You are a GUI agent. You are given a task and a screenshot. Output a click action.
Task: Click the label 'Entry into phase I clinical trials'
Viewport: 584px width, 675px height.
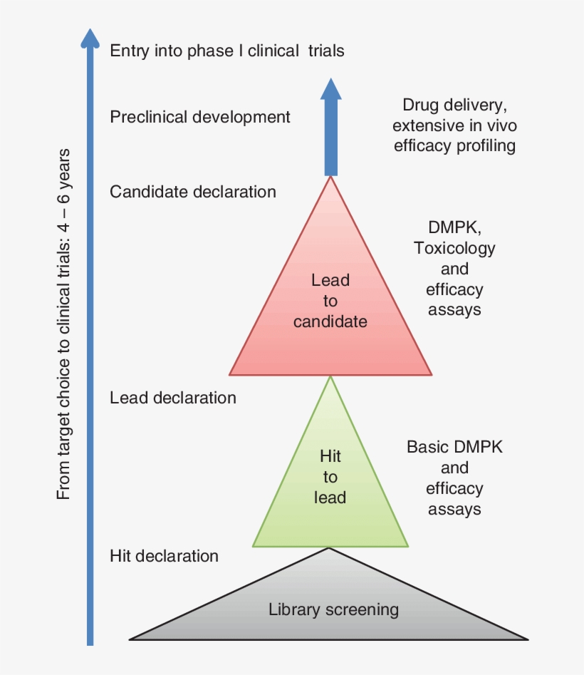click(x=226, y=51)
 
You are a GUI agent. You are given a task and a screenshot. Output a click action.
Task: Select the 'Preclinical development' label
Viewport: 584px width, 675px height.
click(x=200, y=117)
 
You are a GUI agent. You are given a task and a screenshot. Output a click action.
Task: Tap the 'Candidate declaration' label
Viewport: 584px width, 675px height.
click(x=193, y=192)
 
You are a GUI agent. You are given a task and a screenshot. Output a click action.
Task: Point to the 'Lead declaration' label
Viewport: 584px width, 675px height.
click(x=173, y=398)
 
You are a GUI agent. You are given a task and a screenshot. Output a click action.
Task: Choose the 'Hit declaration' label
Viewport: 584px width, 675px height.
click(x=165, y=555)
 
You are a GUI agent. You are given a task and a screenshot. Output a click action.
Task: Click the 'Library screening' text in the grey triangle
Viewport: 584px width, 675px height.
click(x=333, y=609)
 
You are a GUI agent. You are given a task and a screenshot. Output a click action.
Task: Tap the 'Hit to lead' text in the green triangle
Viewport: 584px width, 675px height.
click(x=330, y=476)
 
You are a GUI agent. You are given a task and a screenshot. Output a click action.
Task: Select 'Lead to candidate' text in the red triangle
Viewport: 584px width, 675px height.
click(x=330, y=301)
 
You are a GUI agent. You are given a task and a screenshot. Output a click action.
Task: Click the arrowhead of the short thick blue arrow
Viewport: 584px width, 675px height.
click(x=330, y=89)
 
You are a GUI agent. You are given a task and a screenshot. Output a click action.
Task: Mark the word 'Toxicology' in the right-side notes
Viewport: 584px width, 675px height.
click(x=454, y=248)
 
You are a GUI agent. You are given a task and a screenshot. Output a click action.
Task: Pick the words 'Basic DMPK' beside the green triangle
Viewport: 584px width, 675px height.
click(x=454, y=448)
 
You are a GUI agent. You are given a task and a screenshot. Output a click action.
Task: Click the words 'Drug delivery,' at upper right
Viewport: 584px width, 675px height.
click(x=454, y=105)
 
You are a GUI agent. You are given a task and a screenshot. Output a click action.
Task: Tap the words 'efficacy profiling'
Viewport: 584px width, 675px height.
click(x=454, y=146)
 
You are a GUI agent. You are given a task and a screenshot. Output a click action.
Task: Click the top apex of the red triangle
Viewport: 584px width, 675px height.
click(x=330, y=177)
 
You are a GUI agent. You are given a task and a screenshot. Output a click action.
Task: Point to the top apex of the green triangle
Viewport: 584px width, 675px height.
click(x=330, y=377)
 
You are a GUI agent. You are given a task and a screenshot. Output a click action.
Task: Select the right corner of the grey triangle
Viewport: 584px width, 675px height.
click(x=526, y=639)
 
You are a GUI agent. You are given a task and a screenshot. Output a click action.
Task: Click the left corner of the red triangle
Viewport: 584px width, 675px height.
click(x=230, y=373)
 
